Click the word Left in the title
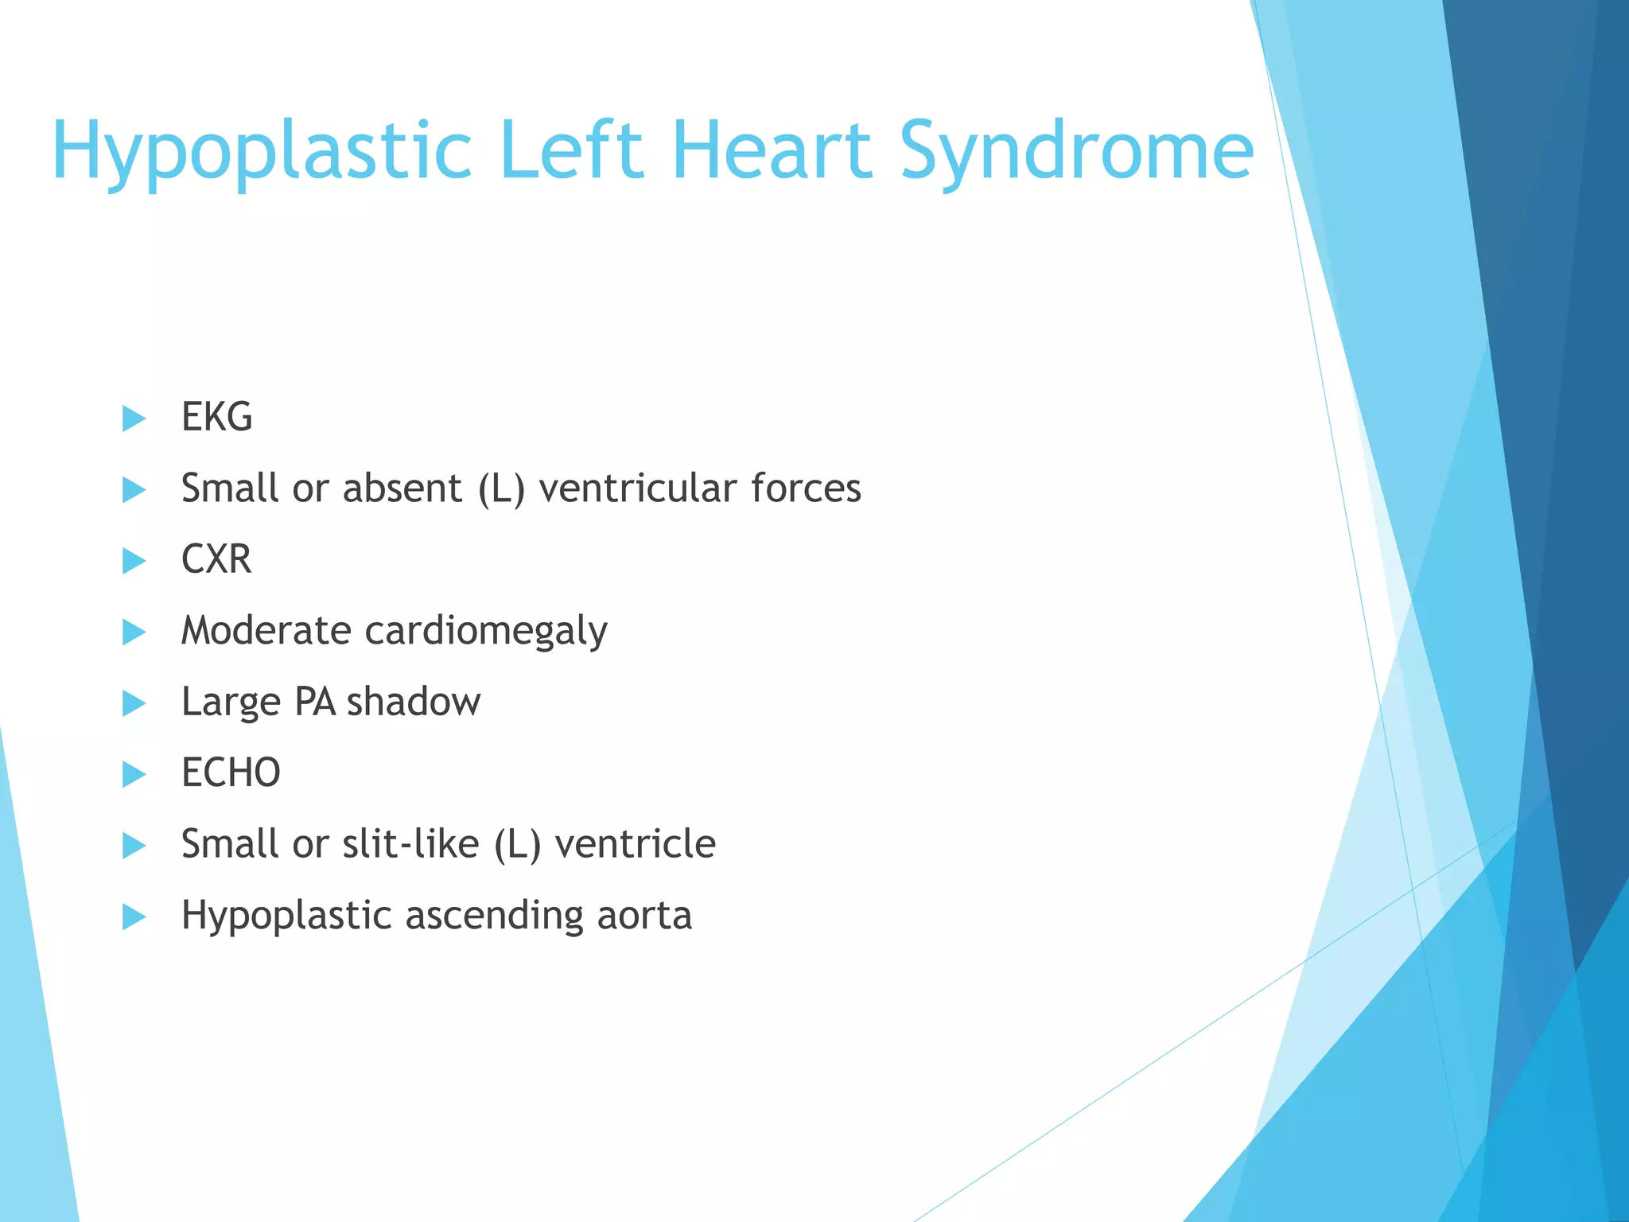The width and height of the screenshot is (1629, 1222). [x=571, y=150]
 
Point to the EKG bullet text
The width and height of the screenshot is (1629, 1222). [x=216, y=417]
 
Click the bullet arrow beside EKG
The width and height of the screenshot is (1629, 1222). [x=134, y=418]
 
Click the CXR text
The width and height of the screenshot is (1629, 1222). [x=216, y=559]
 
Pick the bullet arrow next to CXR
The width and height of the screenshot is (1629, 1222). [x=134, y=561]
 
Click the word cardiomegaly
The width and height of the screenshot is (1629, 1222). [x=485, y=632]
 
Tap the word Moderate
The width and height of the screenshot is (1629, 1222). [x=266, y=630]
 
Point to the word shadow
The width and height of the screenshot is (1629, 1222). [x=413, y=702]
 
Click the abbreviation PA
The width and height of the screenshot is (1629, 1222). [x=314, y=702]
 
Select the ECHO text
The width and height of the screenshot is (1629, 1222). [x=231, y=773]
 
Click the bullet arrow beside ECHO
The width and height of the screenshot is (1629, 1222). [x=134, y=774]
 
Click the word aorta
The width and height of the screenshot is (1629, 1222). [x=644, y=915]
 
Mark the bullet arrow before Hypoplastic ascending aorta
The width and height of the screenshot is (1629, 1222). [x=134, y=916]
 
